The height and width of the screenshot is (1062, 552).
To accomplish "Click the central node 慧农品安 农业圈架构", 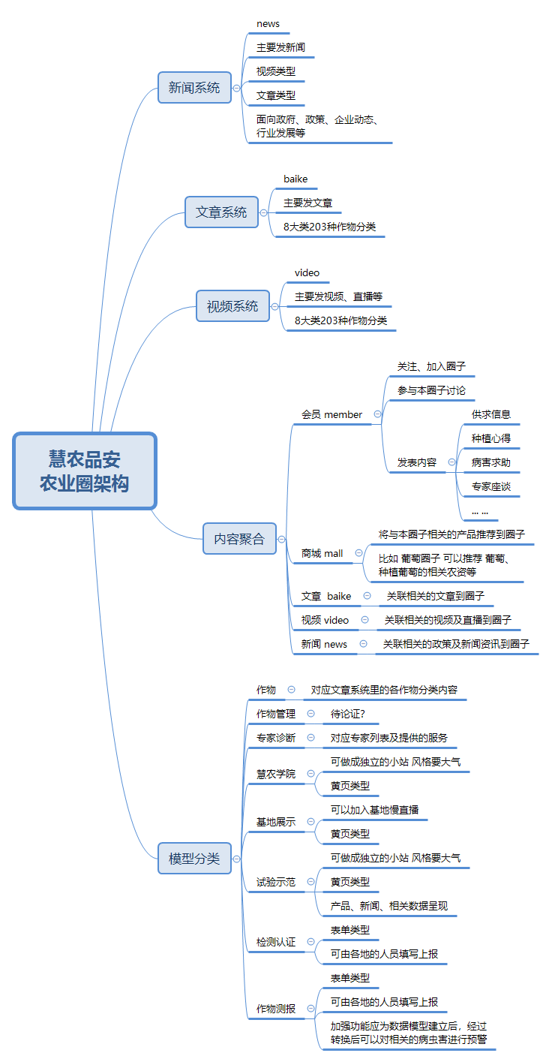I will pos(84,471).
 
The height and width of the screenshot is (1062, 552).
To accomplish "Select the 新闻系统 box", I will pos(194,88).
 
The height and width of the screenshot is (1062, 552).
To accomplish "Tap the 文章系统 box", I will pos(221,212).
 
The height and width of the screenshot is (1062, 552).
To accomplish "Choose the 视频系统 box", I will pos(232,306).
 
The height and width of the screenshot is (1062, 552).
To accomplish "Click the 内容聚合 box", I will pos(239,539).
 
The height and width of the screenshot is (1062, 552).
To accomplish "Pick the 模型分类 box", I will pos(194,859).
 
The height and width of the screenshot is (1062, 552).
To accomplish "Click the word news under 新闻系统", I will pos(268,24).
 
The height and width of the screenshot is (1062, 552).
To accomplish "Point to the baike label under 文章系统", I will pos(295,179).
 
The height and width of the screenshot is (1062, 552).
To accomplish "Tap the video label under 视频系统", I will pos(307,272).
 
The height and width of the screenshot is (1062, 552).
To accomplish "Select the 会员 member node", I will pos(331,414).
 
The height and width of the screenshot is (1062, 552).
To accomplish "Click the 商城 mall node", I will pos(322,553).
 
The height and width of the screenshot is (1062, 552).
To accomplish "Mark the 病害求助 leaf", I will pos(490,462).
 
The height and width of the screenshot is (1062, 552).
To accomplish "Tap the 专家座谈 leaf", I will pos(490,486).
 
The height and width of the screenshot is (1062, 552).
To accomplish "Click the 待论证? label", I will pos(348,714).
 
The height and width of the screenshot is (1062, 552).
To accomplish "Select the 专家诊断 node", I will pos(276,738).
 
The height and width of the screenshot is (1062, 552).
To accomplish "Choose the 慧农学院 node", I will pos(276,774).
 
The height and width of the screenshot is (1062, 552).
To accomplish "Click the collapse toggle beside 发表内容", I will pos(451,462).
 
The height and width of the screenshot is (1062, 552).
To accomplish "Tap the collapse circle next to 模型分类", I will pos(237,859).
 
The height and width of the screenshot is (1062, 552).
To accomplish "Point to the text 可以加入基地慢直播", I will pos(374,810).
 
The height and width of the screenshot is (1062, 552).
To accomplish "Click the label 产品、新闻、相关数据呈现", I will pos(389,906).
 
